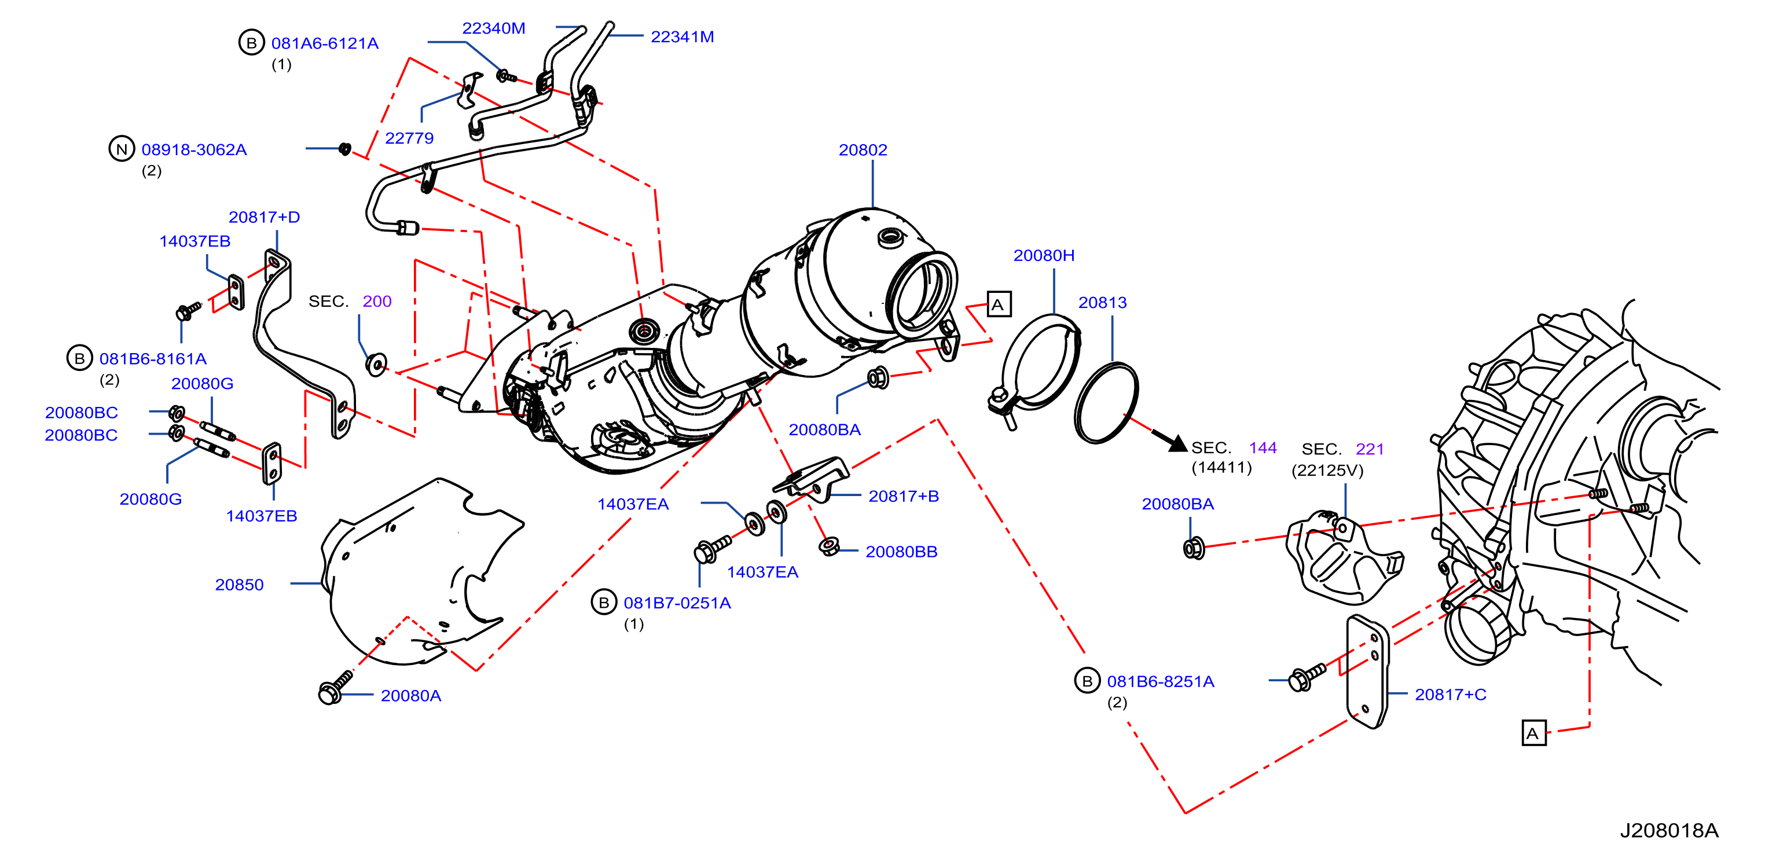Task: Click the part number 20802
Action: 863,150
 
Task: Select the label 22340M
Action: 493,28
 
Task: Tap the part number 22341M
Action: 682,37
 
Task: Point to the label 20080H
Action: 1044,255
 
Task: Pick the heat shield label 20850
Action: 239,585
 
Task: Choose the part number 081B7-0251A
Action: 677,603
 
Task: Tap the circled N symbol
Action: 122,149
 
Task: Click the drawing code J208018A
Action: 1669,831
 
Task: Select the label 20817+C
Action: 1451,695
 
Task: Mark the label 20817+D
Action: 265,217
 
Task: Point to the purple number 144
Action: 1263,448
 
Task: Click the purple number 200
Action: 377,301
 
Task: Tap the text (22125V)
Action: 1327,471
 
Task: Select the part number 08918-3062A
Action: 195,150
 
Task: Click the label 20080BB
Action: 901,552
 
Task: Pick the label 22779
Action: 409,138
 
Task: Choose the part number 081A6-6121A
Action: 325,43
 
